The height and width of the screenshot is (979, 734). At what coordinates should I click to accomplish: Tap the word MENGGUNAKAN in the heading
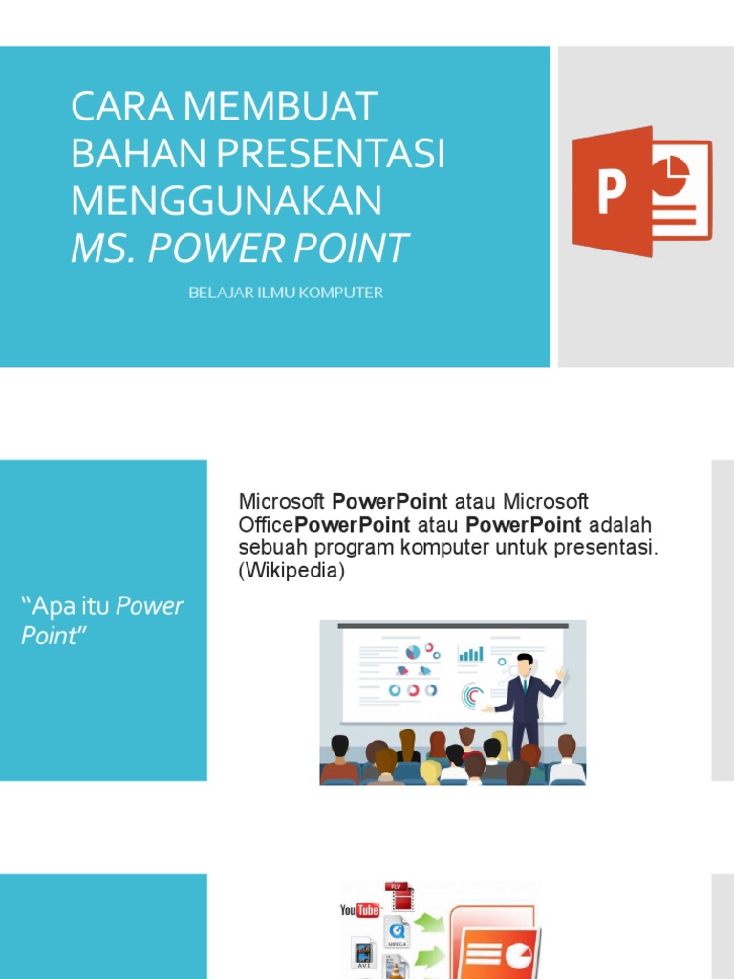pyautogui.click(x=227, y=201)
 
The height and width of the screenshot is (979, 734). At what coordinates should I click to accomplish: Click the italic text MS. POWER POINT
pyautogui.click(x=239, y=249)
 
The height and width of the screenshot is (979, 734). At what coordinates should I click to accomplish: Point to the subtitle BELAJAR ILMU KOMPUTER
pyautogui.click(x=286, y=293)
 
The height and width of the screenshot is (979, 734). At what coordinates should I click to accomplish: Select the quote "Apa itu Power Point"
pyautogui.click(x=102, y=620)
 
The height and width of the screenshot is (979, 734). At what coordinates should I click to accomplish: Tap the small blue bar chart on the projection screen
pyautogui.click(x=470, y=654)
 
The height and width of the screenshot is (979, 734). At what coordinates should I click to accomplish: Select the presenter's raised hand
pyautogui.click(x=561, y=673)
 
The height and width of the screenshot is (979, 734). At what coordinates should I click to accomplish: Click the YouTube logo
pyautogui.click(x=360, y=909)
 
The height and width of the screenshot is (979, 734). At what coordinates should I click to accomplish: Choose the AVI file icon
pyautogui.click(x=363, y=956)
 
